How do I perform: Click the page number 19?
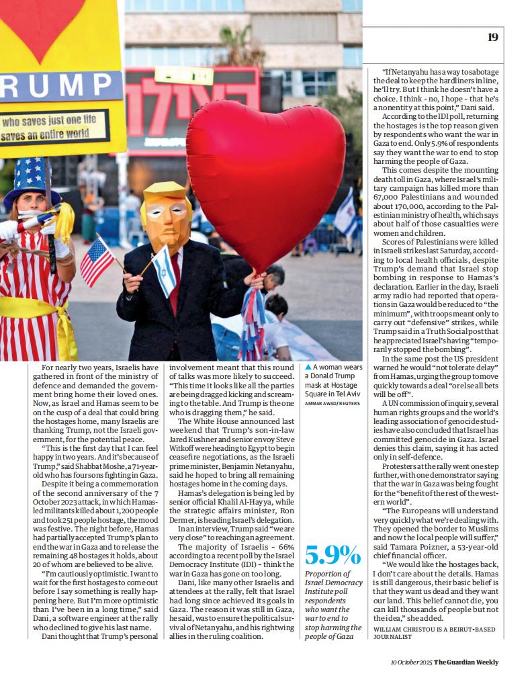tap(493, 38)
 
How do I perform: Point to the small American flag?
tap(97, 261)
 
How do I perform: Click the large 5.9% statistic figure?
tap(332, 555)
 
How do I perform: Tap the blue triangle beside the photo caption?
tap(308, 367)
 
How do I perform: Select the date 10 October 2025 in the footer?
tap(411, 662)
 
